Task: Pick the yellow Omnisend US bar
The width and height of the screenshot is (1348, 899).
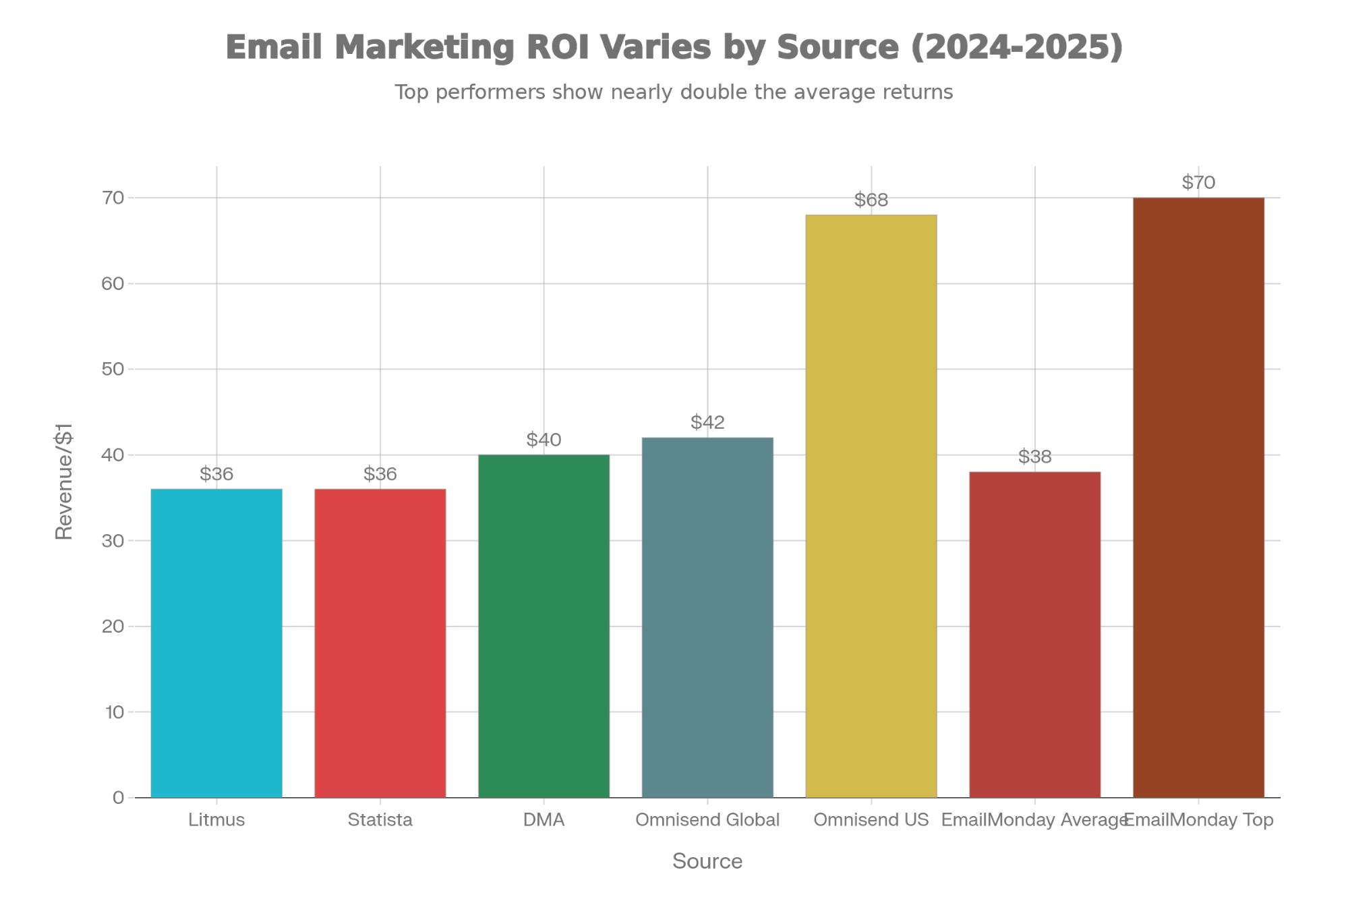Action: click(871, 506)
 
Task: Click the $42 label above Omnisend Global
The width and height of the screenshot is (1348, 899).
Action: click(707, 423)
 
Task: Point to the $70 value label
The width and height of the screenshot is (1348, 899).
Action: click(1198, 183)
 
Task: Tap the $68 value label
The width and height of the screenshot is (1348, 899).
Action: click(871, 200)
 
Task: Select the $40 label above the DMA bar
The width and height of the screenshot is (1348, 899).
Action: click(544, 440)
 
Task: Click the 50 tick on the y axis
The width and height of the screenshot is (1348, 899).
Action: click(113, 370)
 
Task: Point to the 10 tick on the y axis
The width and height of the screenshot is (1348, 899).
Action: click(113, 712)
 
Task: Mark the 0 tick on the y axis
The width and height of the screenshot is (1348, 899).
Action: click(118, 798)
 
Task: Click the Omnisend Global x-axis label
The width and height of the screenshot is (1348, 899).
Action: click(707, 820)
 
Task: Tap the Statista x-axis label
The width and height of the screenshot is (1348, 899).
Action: click(380, 820)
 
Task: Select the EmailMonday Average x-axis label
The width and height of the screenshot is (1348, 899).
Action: click(1034, 820)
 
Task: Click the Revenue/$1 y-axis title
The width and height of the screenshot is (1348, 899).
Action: click(64, 482)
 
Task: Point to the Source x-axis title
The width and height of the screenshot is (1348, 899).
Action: click(707, 861)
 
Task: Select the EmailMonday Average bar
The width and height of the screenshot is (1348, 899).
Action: click(1035, 634)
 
